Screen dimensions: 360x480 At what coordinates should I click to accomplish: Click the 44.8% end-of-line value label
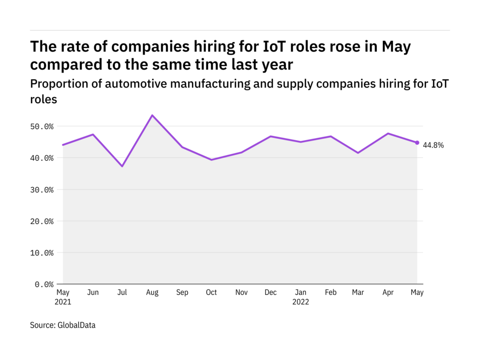click(x=433, y=145)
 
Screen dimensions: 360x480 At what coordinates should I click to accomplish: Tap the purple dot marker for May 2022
click(x=417, y=143)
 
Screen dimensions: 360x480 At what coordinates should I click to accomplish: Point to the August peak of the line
click(x=152, y=115)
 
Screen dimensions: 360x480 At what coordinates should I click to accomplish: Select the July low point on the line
click(x=123, y=166)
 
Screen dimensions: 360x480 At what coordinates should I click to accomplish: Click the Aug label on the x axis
click(x=152, y=293)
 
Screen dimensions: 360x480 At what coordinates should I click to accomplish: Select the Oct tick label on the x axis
click(x=211, y=293)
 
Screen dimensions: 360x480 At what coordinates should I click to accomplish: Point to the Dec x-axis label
click(x=271, y=293)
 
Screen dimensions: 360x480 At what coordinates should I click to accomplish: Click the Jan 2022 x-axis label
click(x=301, y=297)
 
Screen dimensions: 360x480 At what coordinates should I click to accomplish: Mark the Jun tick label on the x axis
click(x=93, y=293)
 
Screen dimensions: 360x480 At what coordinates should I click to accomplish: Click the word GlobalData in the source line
click(x=76, y=325)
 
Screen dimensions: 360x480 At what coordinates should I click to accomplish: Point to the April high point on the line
click(x=388, y=133)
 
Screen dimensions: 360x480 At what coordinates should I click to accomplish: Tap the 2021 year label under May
click(x=63, y=302)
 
